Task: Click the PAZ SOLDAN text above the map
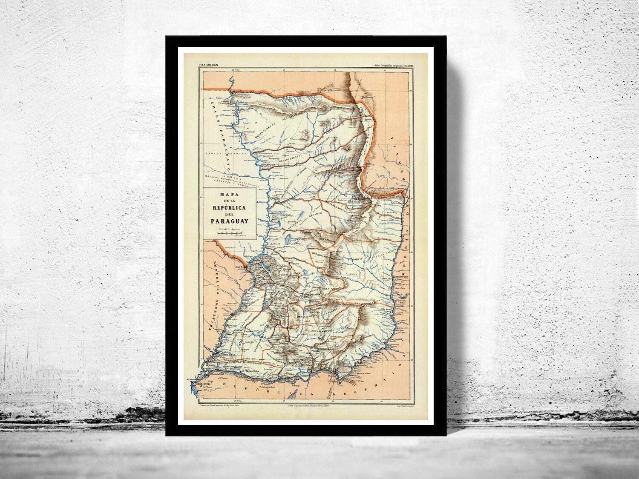pyautogui.click(x=208, y=65)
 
